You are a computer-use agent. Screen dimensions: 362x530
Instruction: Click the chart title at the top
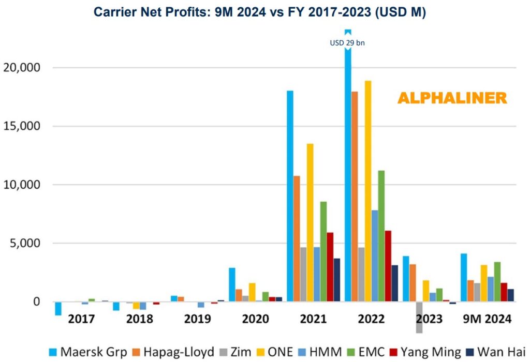[x=259, y=12]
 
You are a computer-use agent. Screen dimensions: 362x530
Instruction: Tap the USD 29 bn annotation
[x=347, y=43]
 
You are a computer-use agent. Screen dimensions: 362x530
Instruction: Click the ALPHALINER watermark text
[x=452, y=98]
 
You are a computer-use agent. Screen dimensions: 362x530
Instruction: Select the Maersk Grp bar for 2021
[x=290, y=197]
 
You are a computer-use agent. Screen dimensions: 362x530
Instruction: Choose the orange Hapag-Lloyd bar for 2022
[x=355, y=197]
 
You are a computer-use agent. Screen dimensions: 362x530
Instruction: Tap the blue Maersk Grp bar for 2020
[x=232, y=284]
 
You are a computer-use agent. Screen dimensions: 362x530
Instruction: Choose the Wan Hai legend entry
[x=491, y=352]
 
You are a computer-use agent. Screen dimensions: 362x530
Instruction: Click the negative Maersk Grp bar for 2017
[x=58, y=308]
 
